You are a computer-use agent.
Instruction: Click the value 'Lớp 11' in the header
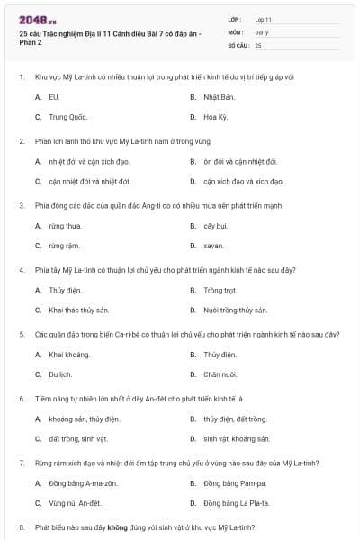tap(264, 19)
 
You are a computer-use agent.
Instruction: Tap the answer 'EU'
tap(54, 96)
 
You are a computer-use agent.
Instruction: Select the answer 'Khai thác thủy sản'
tap(79, 310)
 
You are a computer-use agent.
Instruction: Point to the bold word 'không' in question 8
tap(112, 526)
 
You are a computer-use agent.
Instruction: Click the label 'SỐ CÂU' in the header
tap(238, 44)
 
